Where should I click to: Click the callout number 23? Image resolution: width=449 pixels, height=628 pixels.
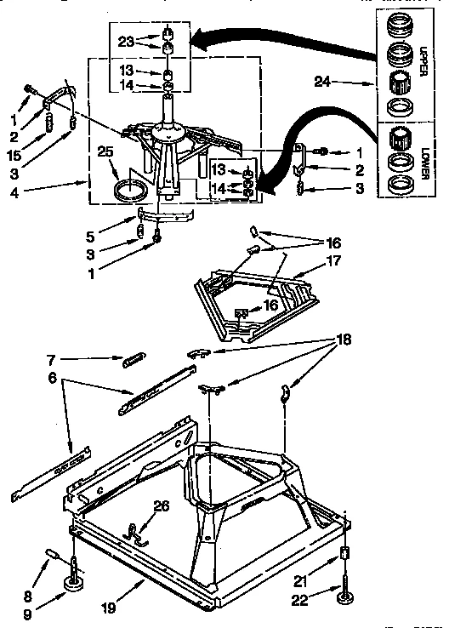125,41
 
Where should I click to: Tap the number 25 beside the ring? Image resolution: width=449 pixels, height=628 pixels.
105,152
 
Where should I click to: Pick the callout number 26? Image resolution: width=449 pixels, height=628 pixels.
161,506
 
